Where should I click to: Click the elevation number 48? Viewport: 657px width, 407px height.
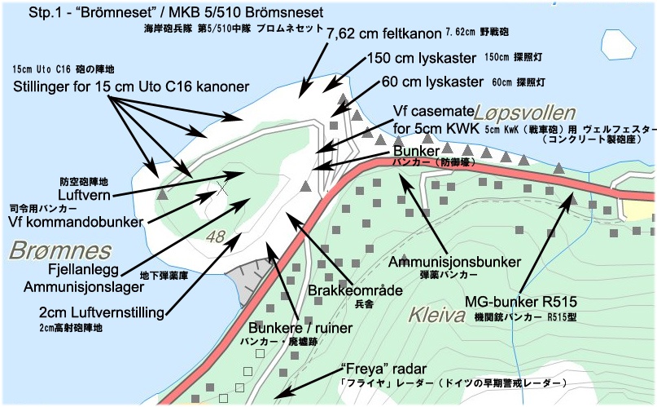[x=216, y=237]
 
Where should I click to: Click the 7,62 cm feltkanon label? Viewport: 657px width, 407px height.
[x=383, y=35]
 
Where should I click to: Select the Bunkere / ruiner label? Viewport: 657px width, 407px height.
[x=298, y=328]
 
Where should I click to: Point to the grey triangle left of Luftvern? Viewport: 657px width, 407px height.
[x=162, y=195]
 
